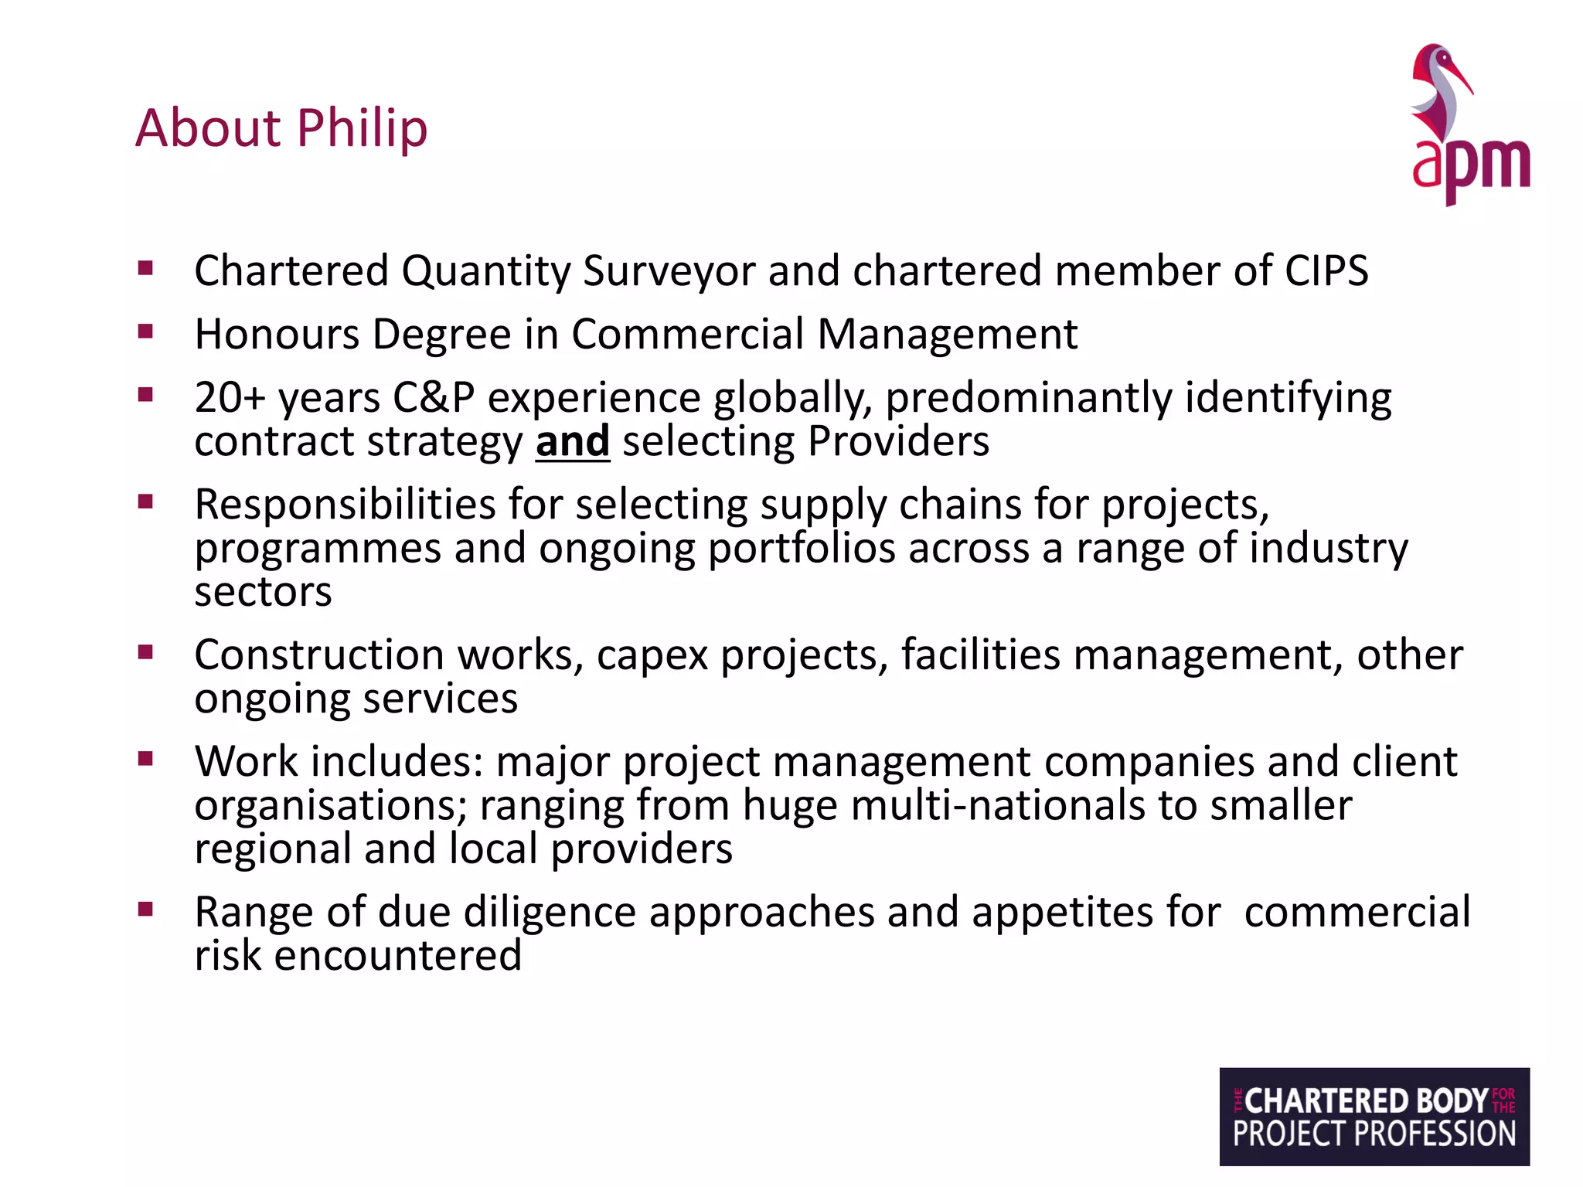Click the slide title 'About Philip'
pyautogui.click(x=281, y=128)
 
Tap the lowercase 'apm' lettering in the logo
pyautogui.click(x=1470, y=166)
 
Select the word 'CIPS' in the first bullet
pyautogui.click(x=1326, y=270)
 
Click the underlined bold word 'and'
pyautogui.click(x=573, y=441)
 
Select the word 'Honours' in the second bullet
pyautogui.click(x=277, y=334)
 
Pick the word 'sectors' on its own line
pyautogui.click(x=263, y=592)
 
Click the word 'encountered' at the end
pyautogui.click(x=398, y=955)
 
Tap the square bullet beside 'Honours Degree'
pyautogui.click(x=145, y=332)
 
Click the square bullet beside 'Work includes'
pyautogui.click(x=145, y=758)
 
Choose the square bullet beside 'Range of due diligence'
pyautogui.click(x=145, y=909)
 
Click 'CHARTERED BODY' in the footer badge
pyautogui.click(x=1366, y=1100)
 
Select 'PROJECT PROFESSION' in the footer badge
pyautogui.click(x=1374, y=1134)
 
